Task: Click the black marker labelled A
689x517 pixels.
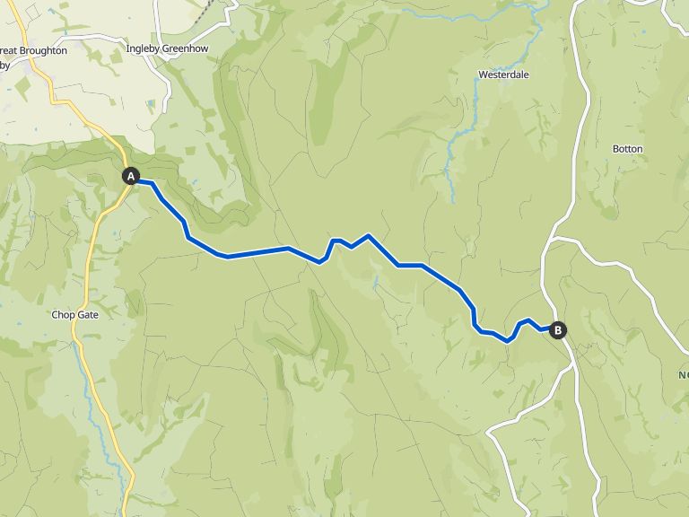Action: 131,176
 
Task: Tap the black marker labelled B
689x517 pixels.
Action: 558,330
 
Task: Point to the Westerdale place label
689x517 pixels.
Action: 503,74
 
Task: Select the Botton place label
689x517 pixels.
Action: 627,148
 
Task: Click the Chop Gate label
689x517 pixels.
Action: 74,315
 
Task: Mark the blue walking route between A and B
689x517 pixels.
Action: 256,252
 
